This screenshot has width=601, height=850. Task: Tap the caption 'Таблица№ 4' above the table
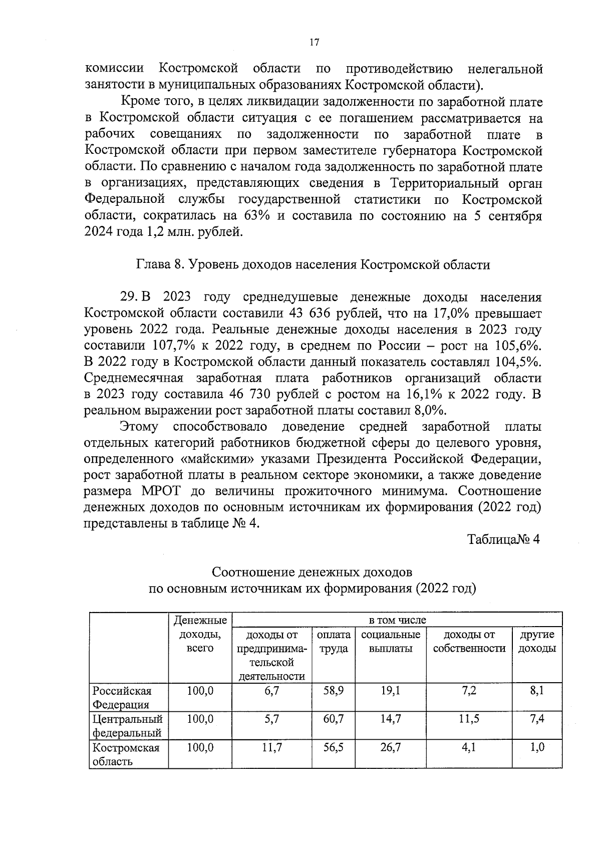pos(503,540)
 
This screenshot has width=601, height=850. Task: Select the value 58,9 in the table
pos(333,691)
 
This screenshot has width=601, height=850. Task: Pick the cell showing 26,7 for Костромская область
pos(390,748)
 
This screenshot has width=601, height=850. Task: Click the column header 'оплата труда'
pos(333,642)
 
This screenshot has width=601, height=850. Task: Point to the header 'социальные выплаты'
pos(390,642)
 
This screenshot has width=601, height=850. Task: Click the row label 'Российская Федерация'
pos(122,697)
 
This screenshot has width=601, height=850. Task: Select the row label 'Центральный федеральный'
pos(128,726)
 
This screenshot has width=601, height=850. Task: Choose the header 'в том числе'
pos(397,620)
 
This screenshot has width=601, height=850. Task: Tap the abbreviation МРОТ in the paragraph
pos(162,491)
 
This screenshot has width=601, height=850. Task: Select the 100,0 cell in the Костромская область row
pos(200,748)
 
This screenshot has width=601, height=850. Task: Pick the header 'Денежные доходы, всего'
pos(200,634)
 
